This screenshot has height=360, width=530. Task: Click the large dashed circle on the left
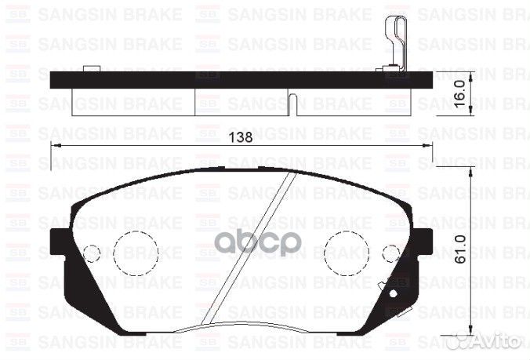coord(136,253)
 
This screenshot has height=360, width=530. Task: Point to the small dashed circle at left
coord(92,253)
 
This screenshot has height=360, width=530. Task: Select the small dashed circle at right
coord(390,253)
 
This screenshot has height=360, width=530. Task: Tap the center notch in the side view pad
coord(292,103)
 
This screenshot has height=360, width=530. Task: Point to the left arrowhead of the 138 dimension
coord(54,146)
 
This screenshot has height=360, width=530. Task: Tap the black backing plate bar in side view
coord(235,79)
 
